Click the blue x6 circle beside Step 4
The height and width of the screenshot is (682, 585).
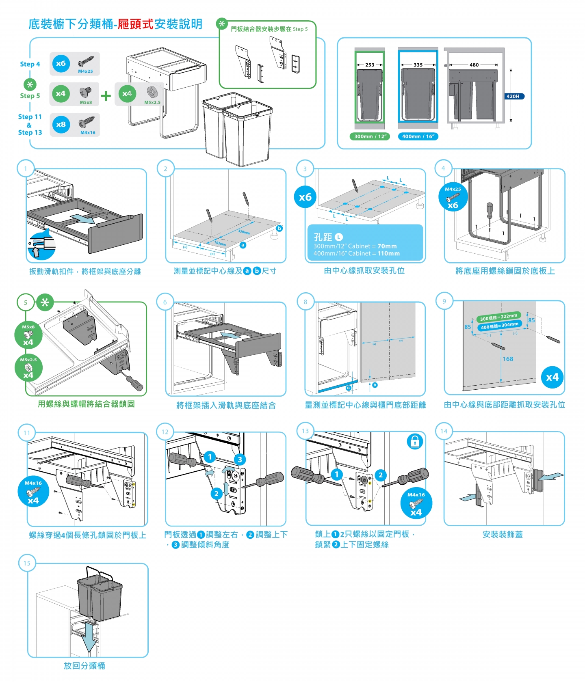tap(61, 64)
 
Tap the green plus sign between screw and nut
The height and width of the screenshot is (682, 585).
tap(106, 96)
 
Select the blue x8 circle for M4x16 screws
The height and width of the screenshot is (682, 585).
tap(61, 125)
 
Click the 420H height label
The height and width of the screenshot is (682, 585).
tap(513, 97)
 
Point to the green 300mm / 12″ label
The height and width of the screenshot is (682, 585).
tap(370, 136)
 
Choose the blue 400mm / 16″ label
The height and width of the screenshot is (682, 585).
tap(418, 136)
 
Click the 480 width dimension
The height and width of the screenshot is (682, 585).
tap(474, 65)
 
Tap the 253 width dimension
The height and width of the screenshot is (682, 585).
tap(370, 65)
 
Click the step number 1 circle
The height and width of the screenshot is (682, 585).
tap(26, 168)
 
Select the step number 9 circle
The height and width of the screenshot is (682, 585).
tap(444, 301)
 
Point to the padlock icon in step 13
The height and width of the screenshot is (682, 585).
tap(415, 441)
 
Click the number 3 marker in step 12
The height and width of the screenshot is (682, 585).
tap(240, 460)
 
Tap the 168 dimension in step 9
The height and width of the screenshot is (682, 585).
tap(508, 359)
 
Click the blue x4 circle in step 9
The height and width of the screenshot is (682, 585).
tap(552, 378)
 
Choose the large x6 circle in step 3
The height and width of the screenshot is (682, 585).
tap(305, 197)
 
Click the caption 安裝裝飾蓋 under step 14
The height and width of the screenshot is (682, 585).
tap(503, 535)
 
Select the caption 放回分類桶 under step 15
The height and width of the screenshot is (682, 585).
tap(84, 666)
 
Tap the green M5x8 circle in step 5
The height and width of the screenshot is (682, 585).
tap(28, 335)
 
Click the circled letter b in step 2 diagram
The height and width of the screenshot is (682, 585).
tap(279, 229)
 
